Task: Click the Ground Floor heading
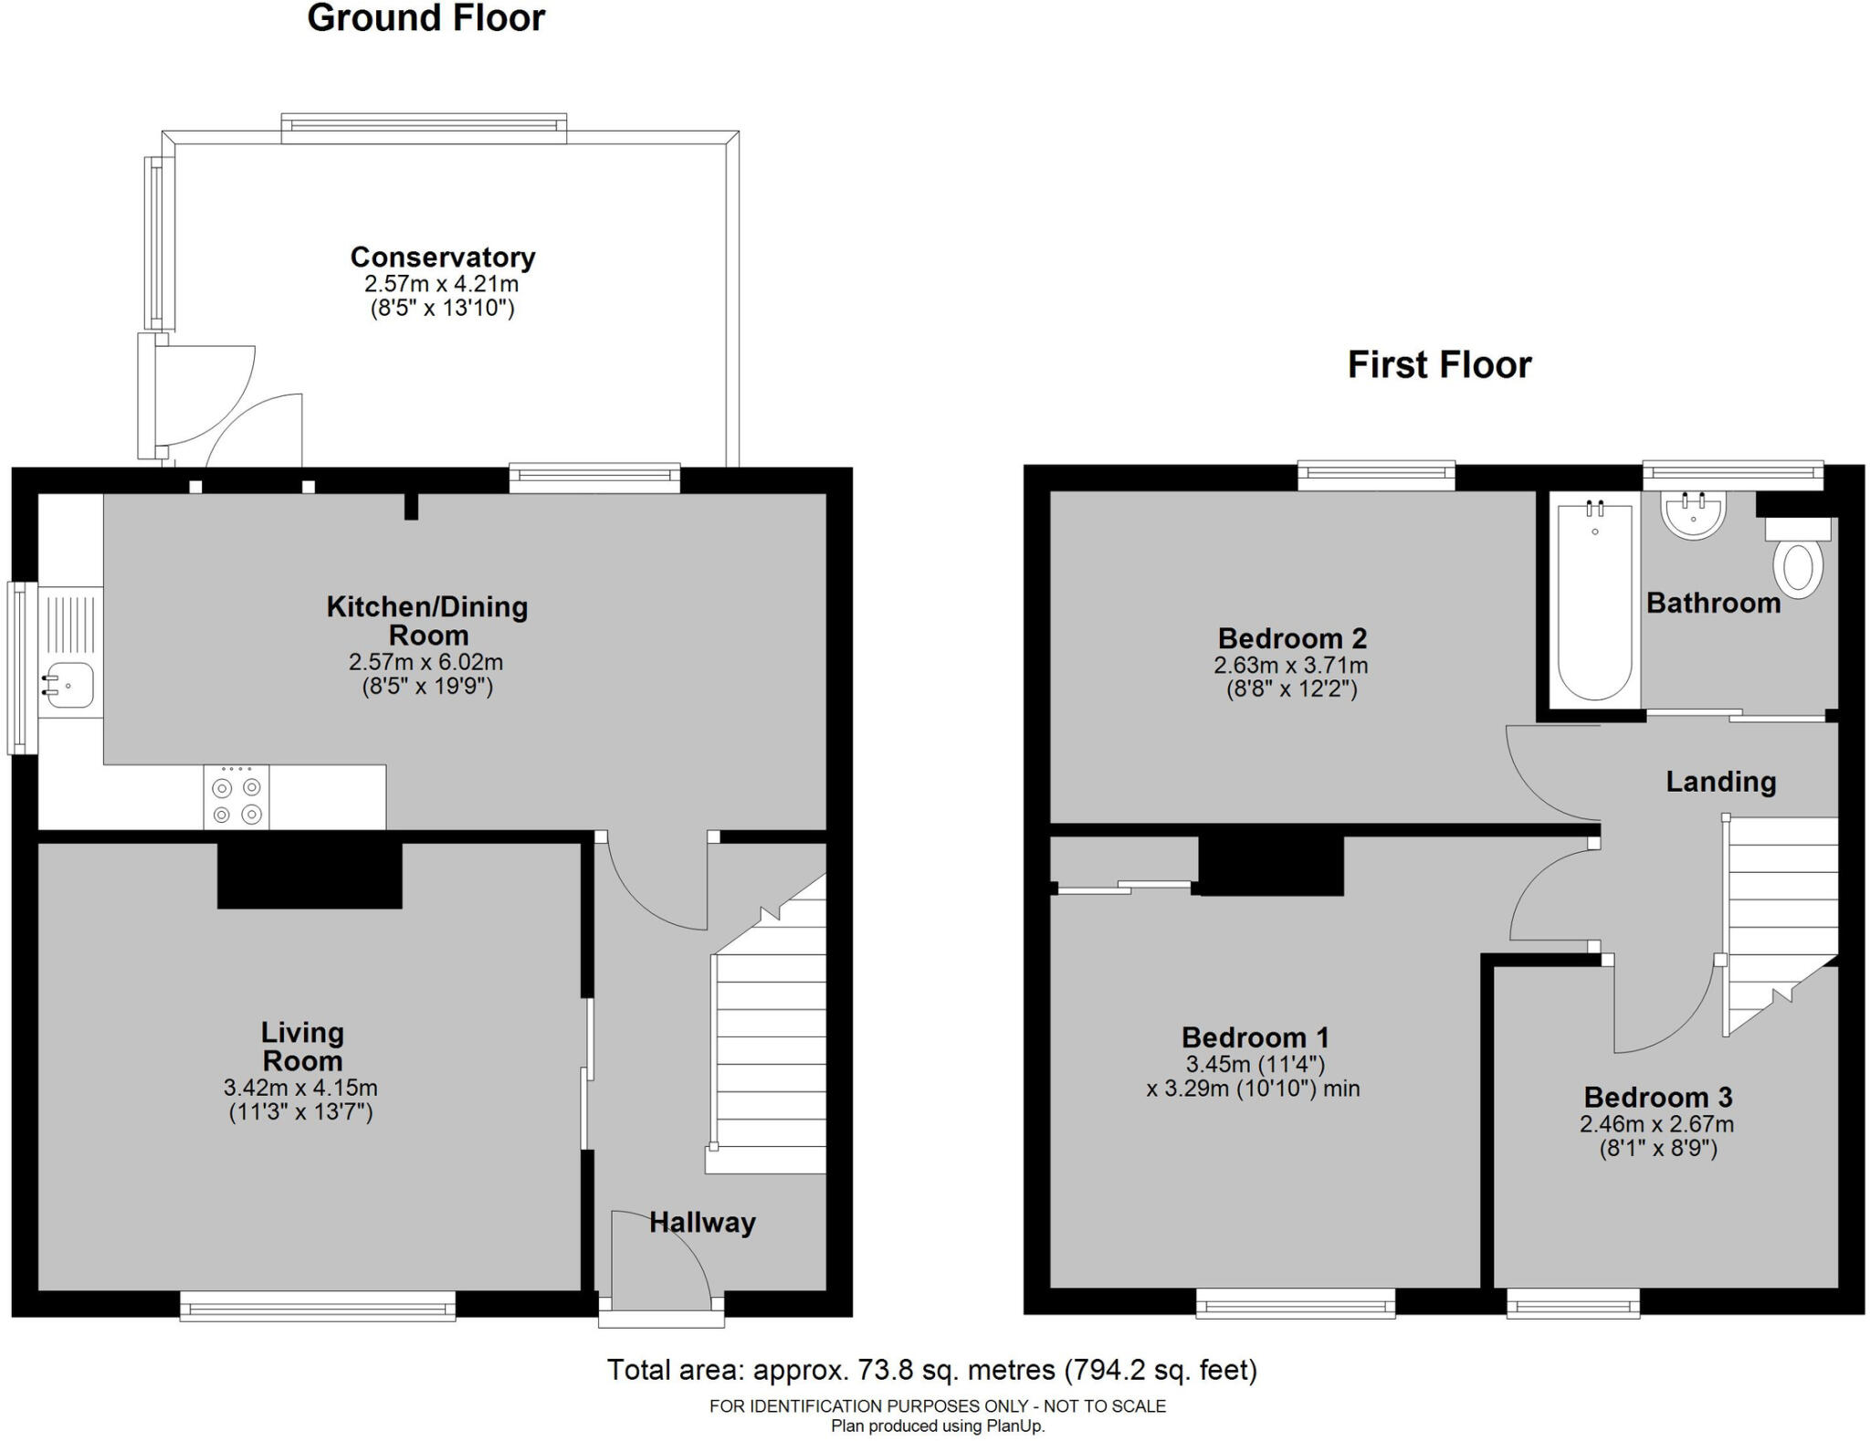425,18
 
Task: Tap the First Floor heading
1439,364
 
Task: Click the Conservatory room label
442,257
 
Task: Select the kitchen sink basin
69,685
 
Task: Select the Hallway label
702,1222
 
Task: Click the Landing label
1720,782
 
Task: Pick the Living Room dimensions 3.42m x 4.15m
300,1088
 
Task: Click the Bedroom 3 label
1657,1097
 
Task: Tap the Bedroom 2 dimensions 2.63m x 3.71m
1290,666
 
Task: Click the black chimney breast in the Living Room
310,875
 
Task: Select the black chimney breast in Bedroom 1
1270,864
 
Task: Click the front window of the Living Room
317,1306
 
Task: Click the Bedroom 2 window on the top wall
1375,472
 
